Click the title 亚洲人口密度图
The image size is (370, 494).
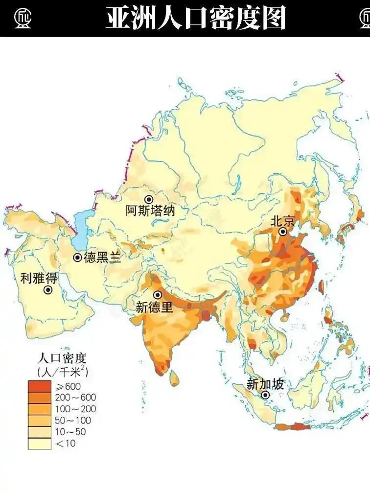click(x=195, y=18)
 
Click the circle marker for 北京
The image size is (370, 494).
click(x=283, y=232)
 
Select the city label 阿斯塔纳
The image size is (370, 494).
click(x=150, y=211)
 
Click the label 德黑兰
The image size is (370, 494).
click(x=102, y=258)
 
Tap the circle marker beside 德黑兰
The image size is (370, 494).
click(x=78, y=258)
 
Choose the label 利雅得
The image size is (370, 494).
click(x=39, y=279)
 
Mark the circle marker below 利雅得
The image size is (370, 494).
click(x=48, y=290)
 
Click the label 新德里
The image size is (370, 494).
click(x=154, y=307)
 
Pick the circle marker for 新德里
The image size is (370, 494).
click(x=158, y=295)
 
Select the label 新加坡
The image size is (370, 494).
click(x=265, y=384)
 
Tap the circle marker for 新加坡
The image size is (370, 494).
click(x=265, y=395)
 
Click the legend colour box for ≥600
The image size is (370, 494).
click(x=39, y=386)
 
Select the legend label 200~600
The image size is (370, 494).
click(x=75, y=397)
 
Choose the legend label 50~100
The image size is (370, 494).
click(x=72, y=421)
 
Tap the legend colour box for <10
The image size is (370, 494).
click(x=39, y=444)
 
